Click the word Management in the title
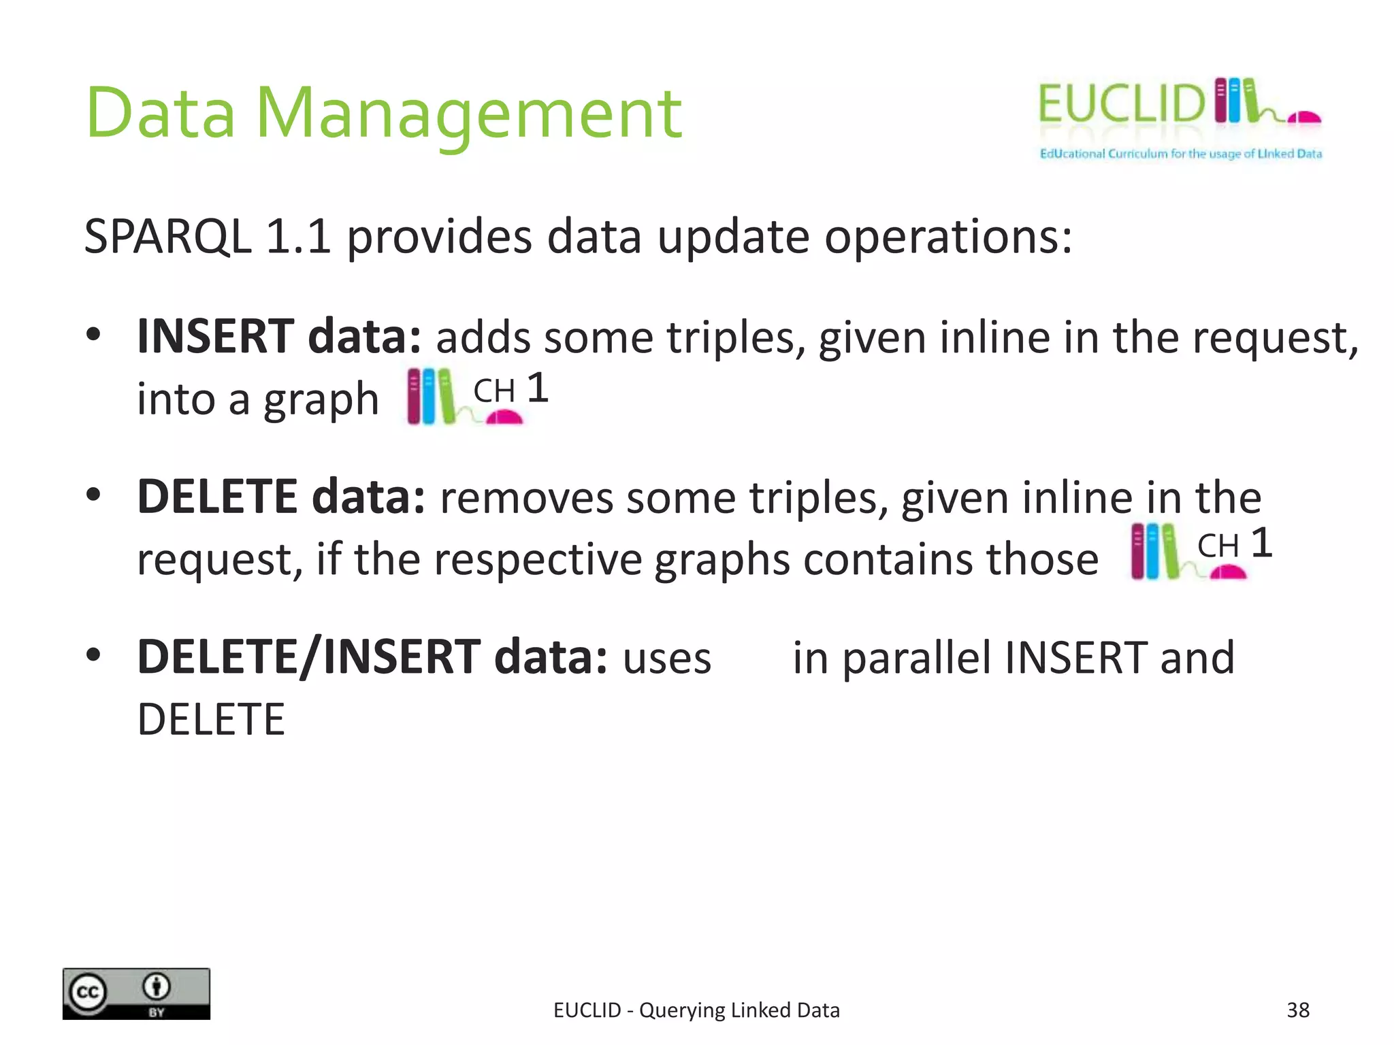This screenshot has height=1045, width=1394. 468,114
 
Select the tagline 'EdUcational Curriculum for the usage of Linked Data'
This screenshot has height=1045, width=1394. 1180,154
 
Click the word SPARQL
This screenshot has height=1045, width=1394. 167,237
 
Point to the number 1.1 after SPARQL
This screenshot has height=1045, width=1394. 298,237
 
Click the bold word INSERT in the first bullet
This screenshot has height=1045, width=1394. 215,336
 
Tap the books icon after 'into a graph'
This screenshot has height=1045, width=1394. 431,397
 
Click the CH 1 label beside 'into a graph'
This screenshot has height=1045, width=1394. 510,389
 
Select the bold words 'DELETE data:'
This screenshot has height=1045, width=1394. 281,497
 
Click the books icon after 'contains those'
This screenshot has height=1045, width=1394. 1154,551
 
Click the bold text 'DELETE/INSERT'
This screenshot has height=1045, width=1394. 308,657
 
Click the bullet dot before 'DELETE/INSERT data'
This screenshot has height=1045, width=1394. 93,655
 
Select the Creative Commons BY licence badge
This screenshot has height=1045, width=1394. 136,993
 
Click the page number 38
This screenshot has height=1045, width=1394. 1297,1010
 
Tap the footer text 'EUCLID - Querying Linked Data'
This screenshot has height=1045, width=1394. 696,1010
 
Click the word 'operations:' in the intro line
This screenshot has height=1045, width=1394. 948,237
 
